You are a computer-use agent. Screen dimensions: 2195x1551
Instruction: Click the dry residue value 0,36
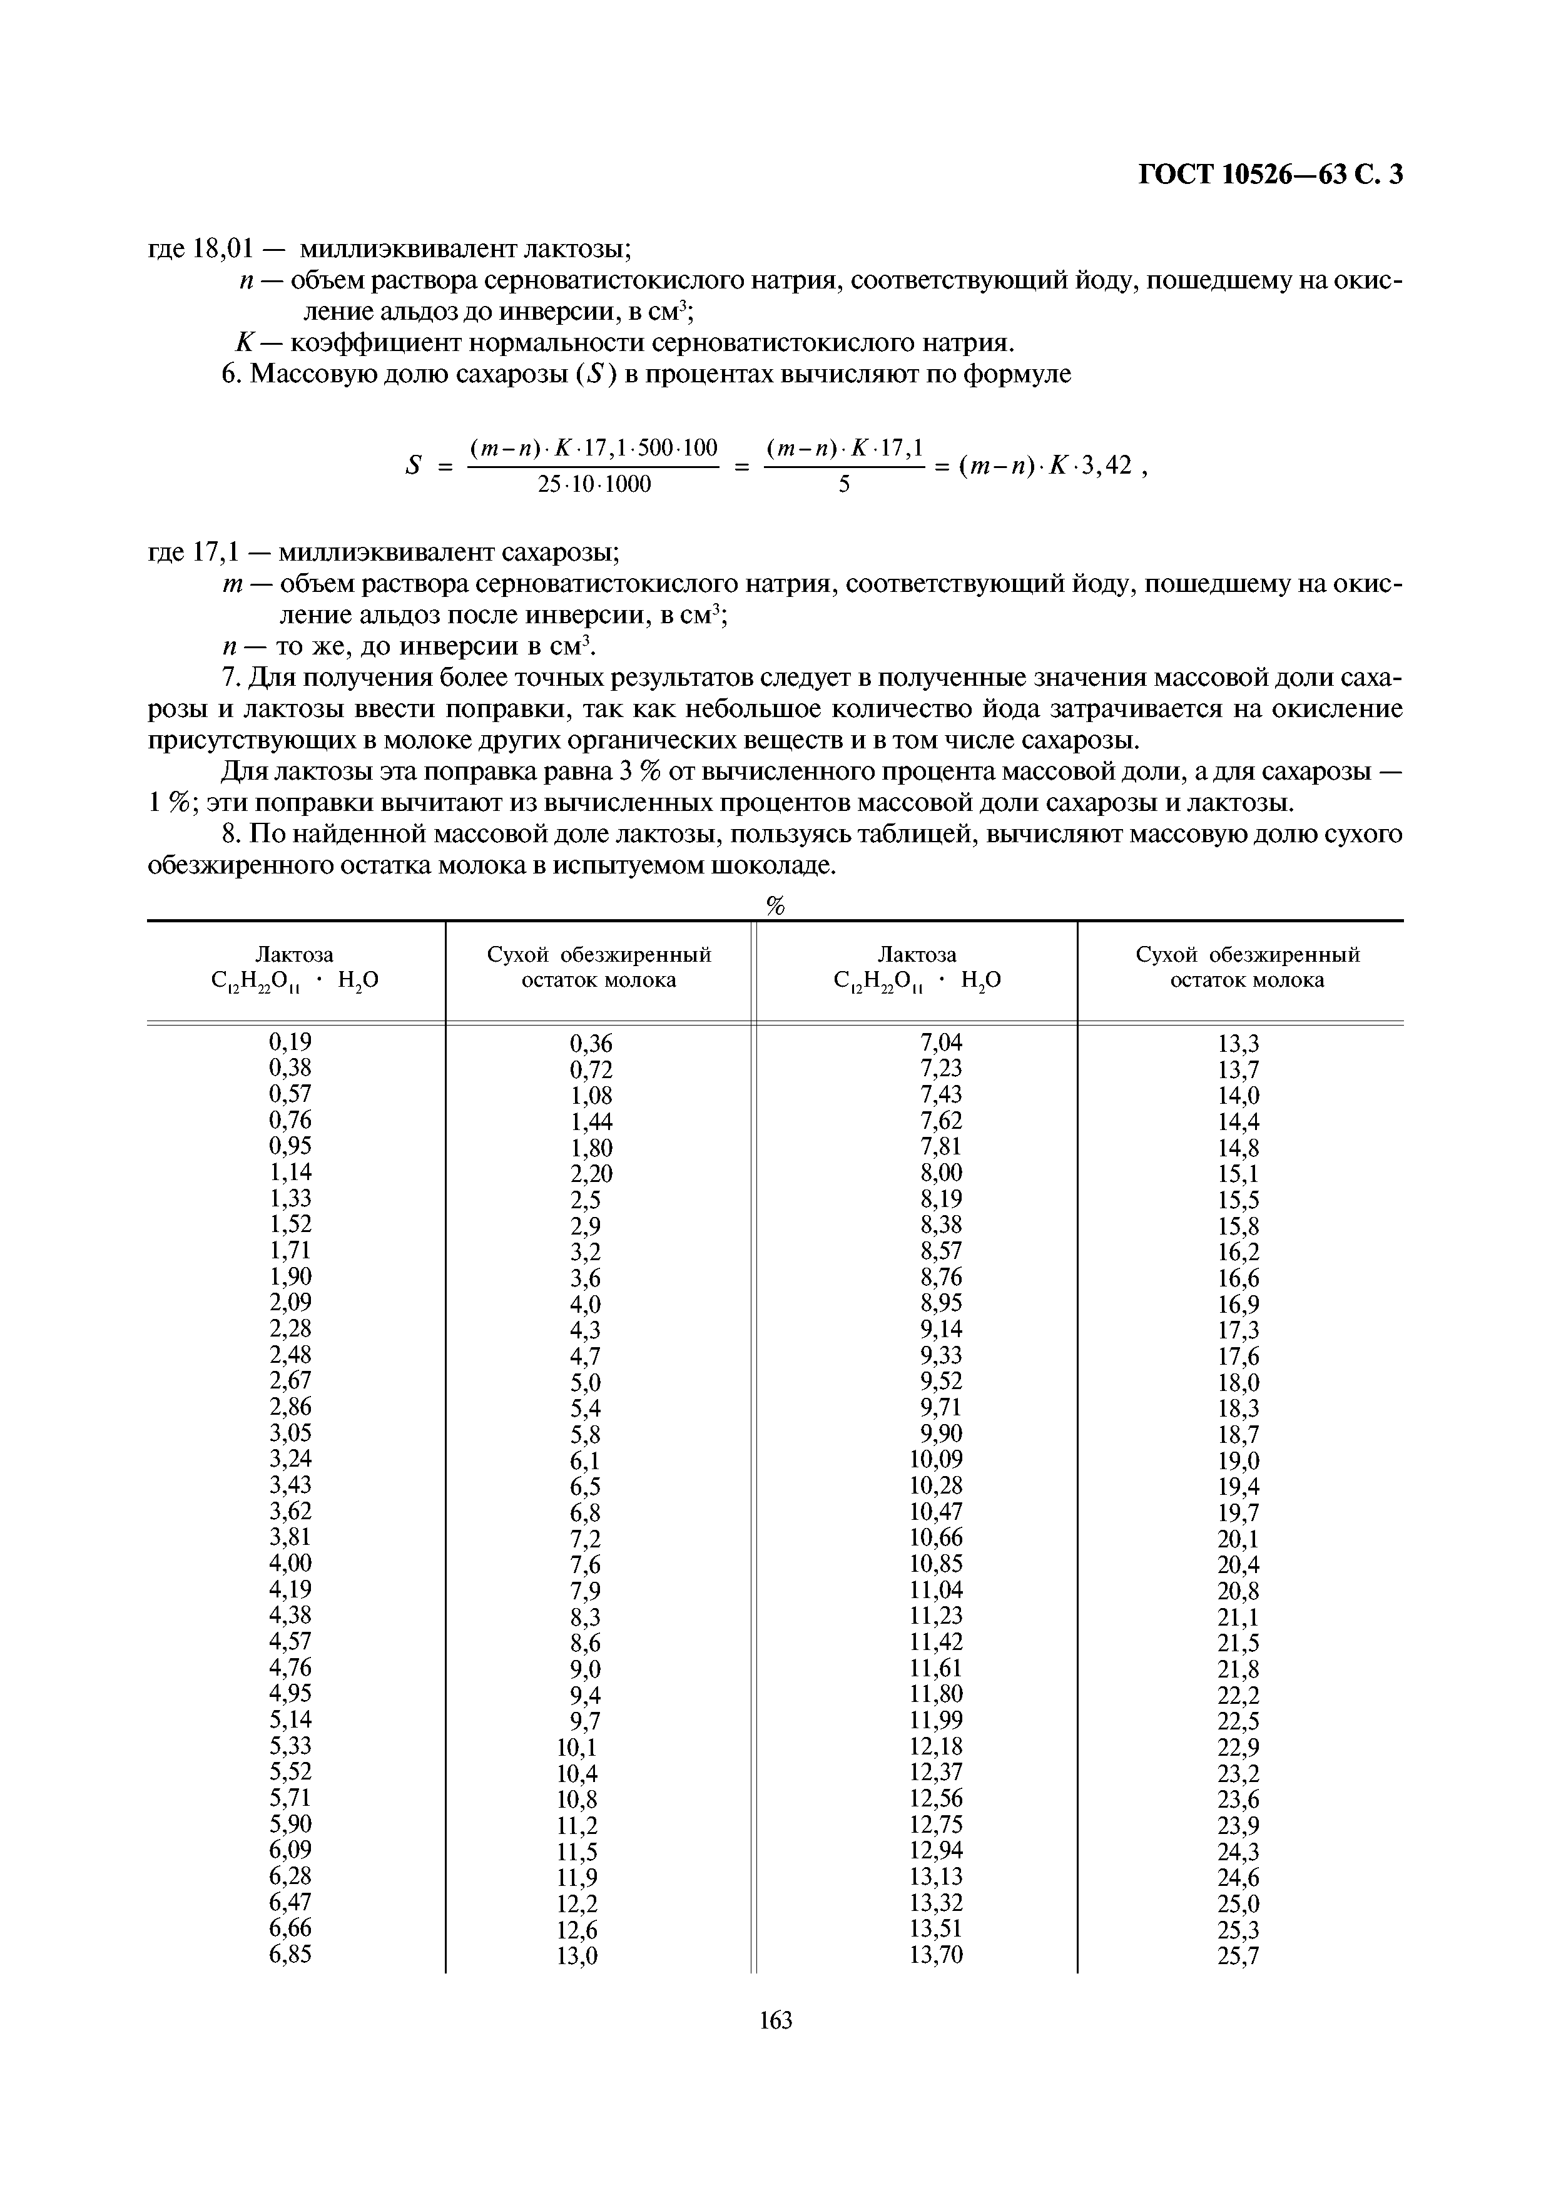[x=591, y=1044]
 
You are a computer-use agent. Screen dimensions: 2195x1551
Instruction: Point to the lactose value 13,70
[x=937, y=1955]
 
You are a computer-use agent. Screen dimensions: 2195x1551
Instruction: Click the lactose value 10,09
[x=937, y=1459]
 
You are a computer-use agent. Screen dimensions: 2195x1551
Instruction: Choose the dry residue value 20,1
[x=1239, y=1538]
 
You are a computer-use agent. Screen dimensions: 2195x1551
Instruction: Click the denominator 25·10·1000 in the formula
[x=594, y=485]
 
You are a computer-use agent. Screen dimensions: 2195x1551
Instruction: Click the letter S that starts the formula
[x=414, y=466]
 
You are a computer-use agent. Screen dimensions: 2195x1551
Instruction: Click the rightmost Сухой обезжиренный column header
[x=1247, y=954]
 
